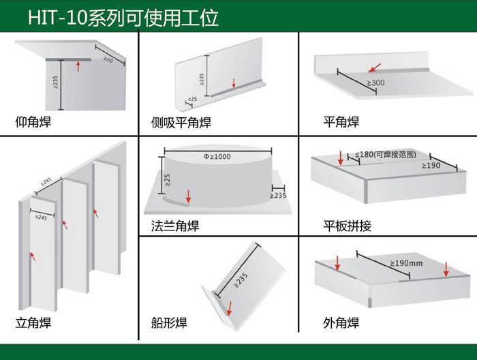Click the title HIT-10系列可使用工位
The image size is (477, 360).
[x=123, y=17]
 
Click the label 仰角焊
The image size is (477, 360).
[x=33, y=122]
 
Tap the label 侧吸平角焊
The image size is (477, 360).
[x=181, y=122]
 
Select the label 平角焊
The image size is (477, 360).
[x=341, y=122]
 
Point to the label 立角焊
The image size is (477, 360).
[x=33, y=322]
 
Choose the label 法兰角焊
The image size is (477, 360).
[x=175, y=226]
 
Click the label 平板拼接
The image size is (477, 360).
[x=347, y=226]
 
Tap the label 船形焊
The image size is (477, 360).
[x=169, y=322]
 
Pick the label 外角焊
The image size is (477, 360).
[x=341, y=322]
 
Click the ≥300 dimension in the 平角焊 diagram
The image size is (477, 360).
[x=375, y=82]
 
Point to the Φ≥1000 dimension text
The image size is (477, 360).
[x=217, y=156]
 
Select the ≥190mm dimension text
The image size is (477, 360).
[x=406, y=263]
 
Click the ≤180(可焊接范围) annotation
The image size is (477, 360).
[x=386, y=154]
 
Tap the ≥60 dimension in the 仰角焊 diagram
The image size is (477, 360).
[x=108, y=59]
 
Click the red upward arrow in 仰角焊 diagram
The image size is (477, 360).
[x=78, y=66]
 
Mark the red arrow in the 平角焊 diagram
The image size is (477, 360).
[x=375, y=67]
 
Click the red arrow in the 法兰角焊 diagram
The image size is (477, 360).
[x=188, y=196]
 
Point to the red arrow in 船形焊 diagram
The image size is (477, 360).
[x=230, y=309]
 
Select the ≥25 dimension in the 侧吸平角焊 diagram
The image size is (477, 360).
[x=192, y=99]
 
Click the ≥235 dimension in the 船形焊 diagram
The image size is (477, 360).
[x=241, y=280]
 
